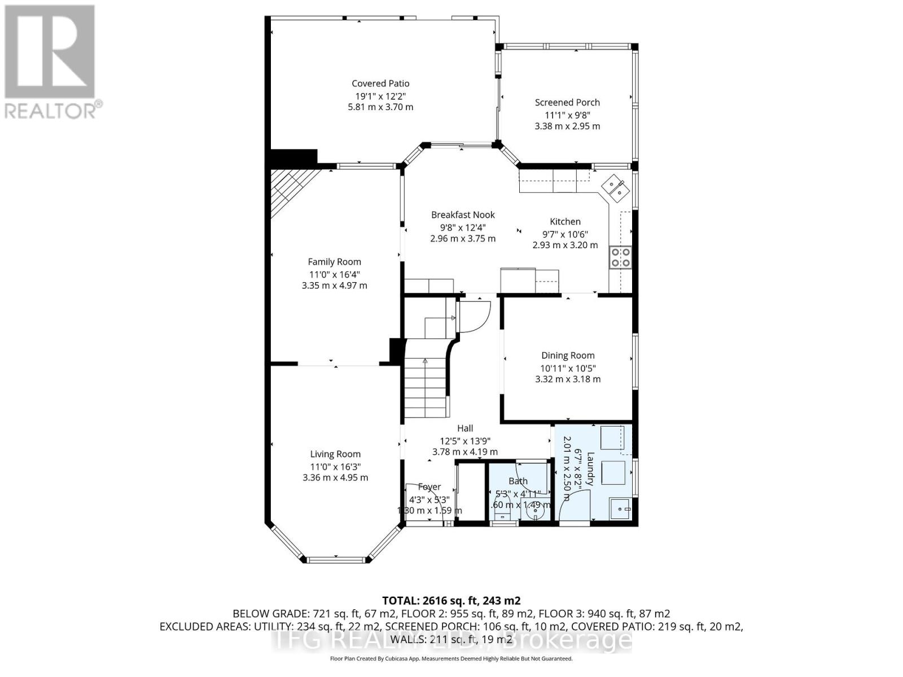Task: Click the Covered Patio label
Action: click(380, 83)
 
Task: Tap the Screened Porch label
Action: click(567, 102)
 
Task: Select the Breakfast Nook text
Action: click(463, 215)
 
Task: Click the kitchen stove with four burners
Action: click(620, 257)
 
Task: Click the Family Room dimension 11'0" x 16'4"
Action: click(334, 274)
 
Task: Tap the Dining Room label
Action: click(568, 355)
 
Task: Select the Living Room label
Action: click(335, 454)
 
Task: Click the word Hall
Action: click(465, 428)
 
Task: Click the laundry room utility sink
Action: click(621, 509)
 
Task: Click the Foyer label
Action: click(429, 487)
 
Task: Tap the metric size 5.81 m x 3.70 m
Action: click(380, 107)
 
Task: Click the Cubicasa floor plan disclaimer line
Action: click(451, 658)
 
